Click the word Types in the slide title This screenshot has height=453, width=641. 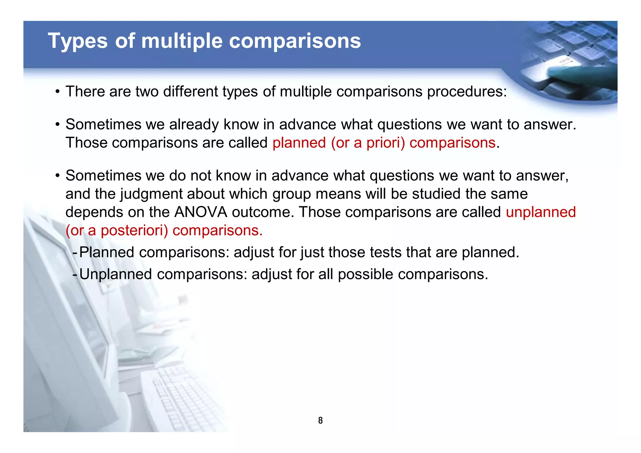pos(78,41)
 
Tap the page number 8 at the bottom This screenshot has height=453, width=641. pos(320,420)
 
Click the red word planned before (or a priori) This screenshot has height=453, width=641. pos(299,143)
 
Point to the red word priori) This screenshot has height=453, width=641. pos(386,143)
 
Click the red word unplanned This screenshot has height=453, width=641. pos(541,212)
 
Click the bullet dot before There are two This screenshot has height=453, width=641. pos(57,92)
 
